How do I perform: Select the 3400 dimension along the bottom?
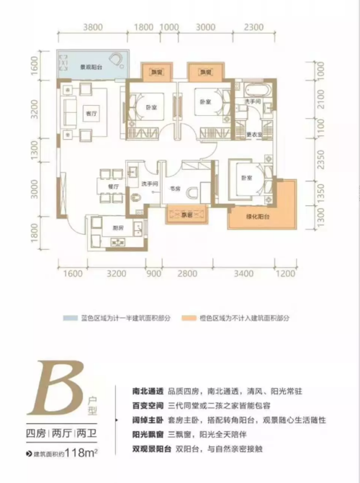pos(244,275)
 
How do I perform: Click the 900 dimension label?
pos(153,275)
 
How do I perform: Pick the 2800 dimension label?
pos(187,275)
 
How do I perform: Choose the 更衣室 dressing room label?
pos(253,134)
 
